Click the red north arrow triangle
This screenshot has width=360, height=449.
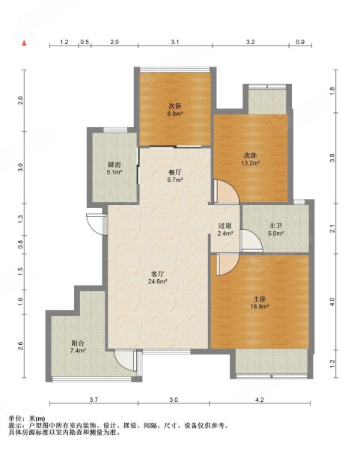(25, 43)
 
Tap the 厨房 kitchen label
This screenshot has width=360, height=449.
(114, 165)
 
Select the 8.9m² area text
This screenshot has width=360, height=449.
(175, 114)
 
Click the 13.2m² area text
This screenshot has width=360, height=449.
(251, 163)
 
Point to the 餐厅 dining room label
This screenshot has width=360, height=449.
(174, 172)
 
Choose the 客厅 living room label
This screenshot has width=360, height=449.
(157, 274)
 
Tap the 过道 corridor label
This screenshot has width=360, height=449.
(225, 226)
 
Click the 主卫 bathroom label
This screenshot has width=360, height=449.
(275, 226)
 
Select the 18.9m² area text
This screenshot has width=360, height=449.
(260, 307)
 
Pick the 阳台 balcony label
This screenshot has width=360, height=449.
(77, 343)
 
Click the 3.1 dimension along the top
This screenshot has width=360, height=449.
(175, 42)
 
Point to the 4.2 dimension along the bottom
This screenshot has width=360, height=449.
(260, 400)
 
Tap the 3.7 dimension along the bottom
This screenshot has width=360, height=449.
(94, 400)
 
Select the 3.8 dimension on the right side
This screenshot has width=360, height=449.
(332, 158)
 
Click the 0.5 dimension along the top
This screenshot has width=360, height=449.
(85, 42)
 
